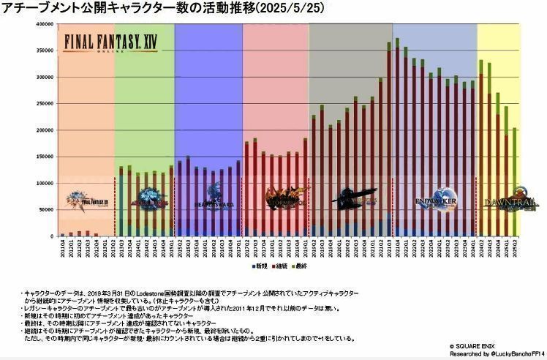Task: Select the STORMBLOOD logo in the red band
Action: click(276, 198)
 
